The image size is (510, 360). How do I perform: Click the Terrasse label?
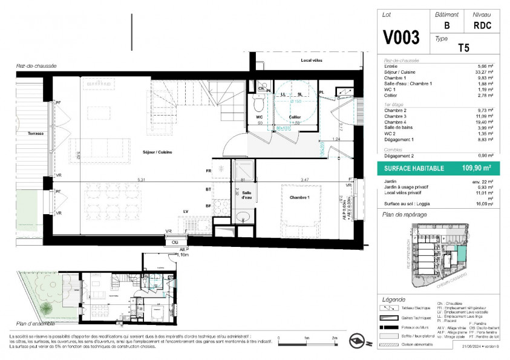pyautogui.click(x=35, y=133)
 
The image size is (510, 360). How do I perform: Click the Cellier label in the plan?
pyautogui.click(x=295, y=117)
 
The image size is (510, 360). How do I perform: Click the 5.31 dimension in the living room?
pyautogui.click(x=141, y=179)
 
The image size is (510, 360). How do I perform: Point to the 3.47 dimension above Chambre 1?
pyautogui.click(x=304, y=179)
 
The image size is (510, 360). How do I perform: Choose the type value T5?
pyautogui.click(x=463, y=48)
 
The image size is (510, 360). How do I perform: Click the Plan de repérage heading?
pyautogui.click(x=405, y=215)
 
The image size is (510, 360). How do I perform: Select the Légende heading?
pyautogui.click(x=394, y=299)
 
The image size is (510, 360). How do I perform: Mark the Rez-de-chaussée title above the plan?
pyautogui.click(x=36, y=66)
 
